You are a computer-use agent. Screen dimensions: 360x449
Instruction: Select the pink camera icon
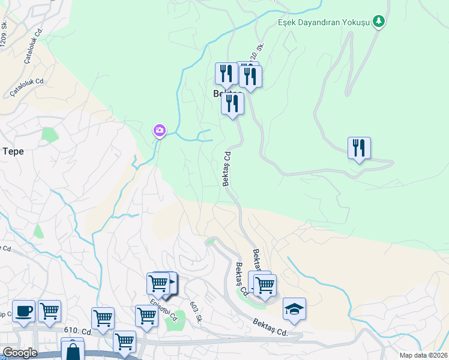(159, 130)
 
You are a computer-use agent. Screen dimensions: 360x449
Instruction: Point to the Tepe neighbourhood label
(13, 151)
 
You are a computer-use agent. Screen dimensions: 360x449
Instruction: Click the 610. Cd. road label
(78, 331)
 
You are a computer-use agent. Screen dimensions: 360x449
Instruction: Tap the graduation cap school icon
(294, 309)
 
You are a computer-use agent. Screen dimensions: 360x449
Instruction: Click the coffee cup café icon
(23, 311)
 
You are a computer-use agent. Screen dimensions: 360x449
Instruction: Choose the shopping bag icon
(73, 351)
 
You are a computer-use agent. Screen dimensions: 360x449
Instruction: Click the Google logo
(20, 353)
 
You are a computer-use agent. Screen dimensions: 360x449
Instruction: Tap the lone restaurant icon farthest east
(359, 148)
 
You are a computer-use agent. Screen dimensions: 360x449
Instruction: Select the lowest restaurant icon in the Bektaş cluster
(232, 103)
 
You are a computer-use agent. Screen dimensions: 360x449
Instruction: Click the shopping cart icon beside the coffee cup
(49, 311)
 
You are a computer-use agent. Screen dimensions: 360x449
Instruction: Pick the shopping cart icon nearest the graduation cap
(264, 285)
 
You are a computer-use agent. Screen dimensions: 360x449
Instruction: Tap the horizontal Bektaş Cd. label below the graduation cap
(271, 328)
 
